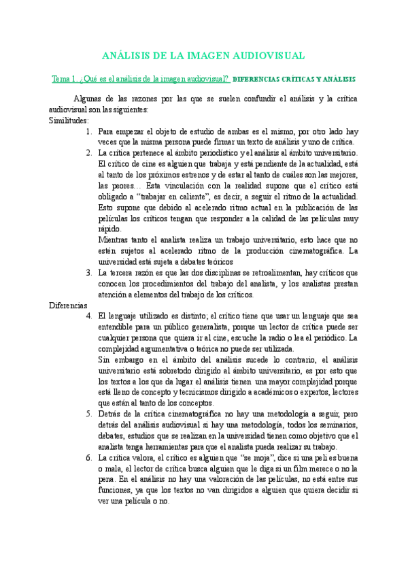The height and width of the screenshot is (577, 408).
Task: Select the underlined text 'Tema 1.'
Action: [x=65, y=80]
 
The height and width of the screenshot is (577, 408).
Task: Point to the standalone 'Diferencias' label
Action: [x=68, y=286]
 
